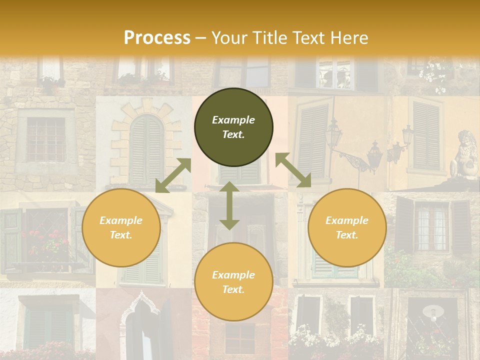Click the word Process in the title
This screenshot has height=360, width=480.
(157, 38)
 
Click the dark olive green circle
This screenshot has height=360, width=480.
(233, 127)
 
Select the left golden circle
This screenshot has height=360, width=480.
(121, 227)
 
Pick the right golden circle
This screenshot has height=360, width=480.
(347, 227)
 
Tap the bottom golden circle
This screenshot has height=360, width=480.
(233, 282)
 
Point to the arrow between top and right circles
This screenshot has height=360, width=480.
(293, 170)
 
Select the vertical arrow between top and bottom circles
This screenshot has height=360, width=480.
(229, 205)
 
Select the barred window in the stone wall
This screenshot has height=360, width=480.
(46, 138)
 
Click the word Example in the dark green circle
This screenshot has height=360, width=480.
(233, 120)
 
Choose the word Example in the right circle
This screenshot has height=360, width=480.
(347, 220)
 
